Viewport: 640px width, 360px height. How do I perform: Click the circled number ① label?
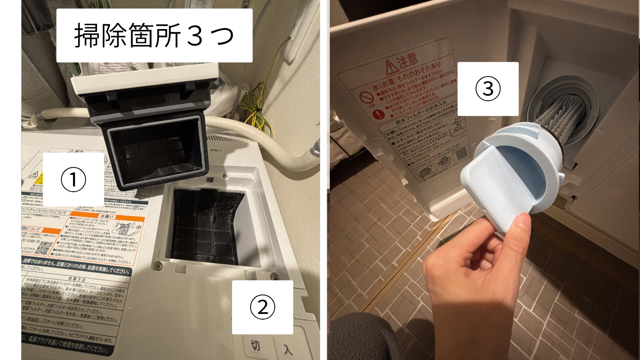[73, 180]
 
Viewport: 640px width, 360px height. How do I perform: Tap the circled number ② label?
[262, 307]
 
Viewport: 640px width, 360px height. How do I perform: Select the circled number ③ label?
[488, 89]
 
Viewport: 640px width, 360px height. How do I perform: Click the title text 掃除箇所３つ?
[154, 36]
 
